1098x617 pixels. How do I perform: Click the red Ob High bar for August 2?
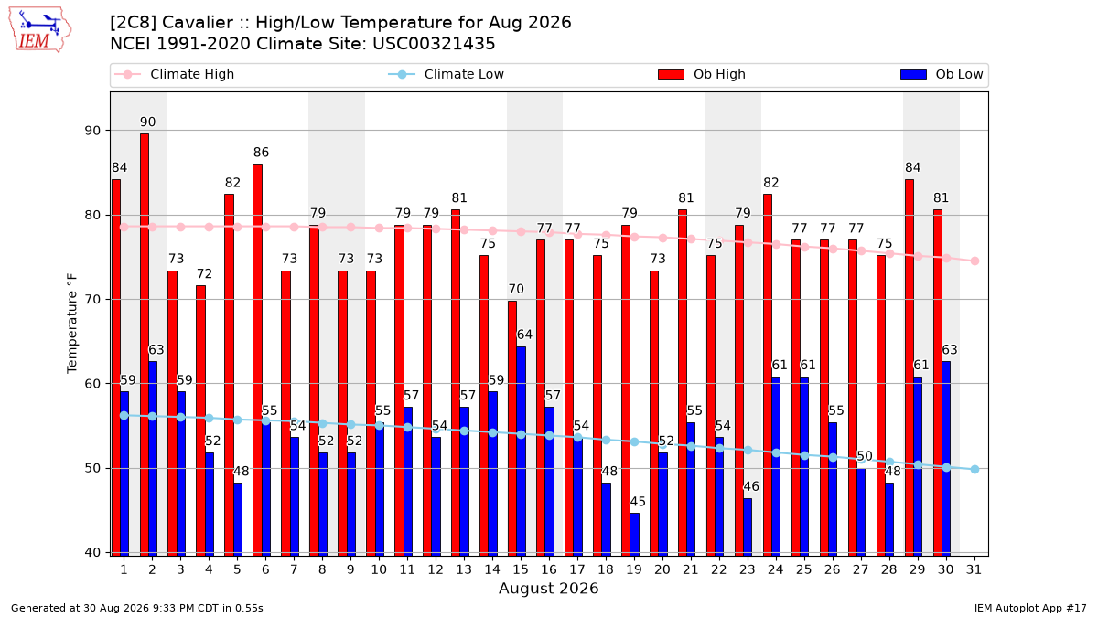click(145, 345)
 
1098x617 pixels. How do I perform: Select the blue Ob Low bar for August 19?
click(634, 534)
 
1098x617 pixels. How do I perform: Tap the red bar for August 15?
click(512, 429)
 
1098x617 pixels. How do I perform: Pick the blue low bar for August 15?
click(521, 451)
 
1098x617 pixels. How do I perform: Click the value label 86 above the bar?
click(262, 153)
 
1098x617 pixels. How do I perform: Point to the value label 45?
click(638, 502)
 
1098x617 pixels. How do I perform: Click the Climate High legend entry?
click(175, 74)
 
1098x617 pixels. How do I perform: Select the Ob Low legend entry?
click(942, 74)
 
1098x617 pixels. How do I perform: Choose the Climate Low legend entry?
click(447, 74)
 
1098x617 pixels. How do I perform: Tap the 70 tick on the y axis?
click(91, 300)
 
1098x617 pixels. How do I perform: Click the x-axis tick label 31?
click(974, 569)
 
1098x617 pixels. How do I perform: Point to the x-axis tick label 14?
click(492, 569)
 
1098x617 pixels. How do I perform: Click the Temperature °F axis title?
click(72, 324)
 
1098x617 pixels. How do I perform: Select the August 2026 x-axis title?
click(548, 588)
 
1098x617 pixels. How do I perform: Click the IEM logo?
click(40, 30)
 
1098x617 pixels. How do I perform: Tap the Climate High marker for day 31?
click(975, 261)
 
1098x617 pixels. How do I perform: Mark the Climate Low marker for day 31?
click(975, 469)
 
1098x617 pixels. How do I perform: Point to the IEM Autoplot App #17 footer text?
click(1030, 608)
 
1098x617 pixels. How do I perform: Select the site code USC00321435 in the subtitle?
click(434, 44)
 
